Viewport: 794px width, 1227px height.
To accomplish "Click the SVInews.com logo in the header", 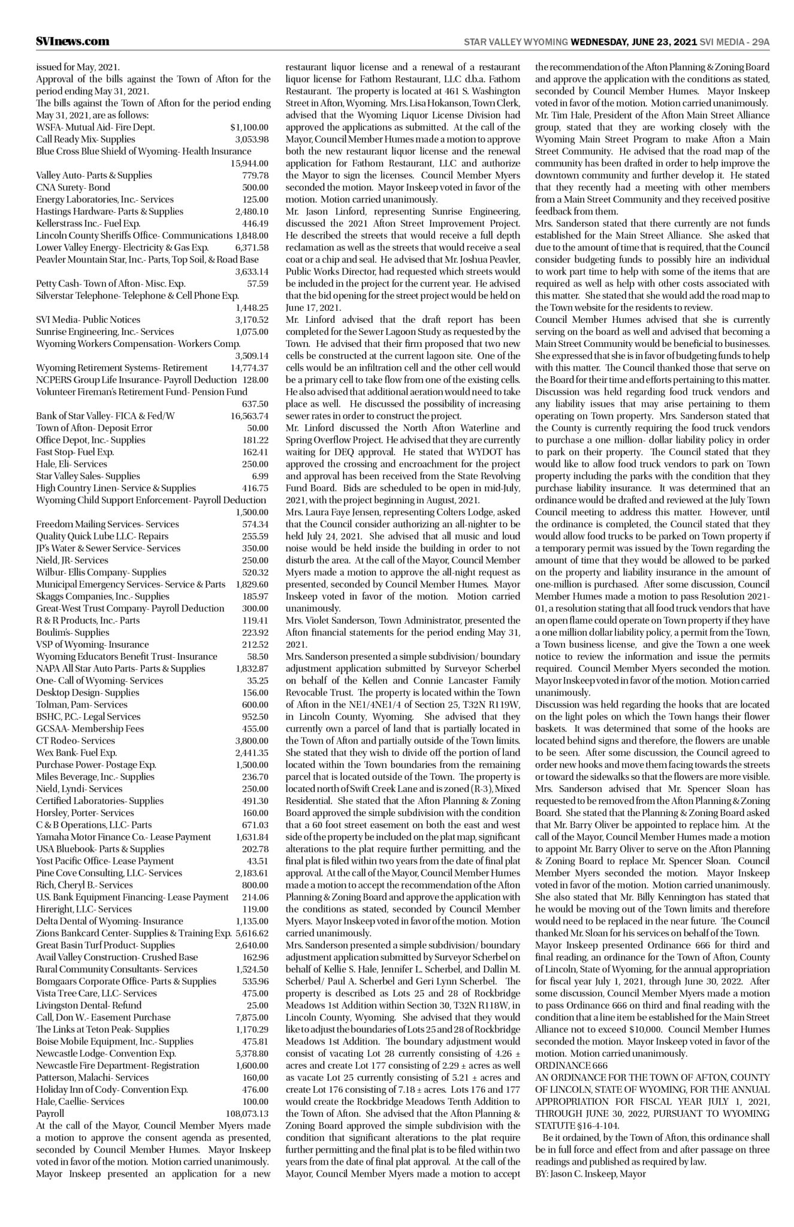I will click(x=73, y=41).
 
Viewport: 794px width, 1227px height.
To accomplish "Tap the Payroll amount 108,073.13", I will click(x=247, y=1113).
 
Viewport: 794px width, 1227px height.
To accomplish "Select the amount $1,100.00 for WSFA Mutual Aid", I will click(x=249, y=127).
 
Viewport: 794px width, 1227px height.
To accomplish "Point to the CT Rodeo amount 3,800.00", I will click(x=251, y=741).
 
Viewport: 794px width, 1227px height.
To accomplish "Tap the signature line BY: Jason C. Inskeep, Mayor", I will click(x=590, y=1173).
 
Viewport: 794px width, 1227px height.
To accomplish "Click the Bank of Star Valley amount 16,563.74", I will click(x=249, y=416).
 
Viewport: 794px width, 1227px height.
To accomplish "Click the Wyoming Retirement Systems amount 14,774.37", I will click(x=249, y=367).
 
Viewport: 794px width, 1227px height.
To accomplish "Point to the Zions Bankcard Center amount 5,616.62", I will click(x=252, y=933).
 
